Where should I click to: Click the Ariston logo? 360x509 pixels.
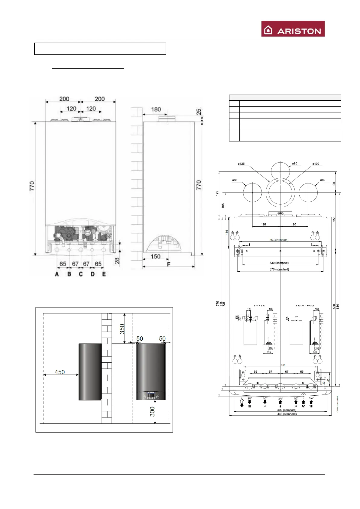point(293,29)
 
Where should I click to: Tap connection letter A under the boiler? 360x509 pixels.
point(57,274)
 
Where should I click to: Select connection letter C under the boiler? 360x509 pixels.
point(81,274)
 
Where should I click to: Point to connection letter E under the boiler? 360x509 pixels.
point(104,274)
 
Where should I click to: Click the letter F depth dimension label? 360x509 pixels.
point(169,264)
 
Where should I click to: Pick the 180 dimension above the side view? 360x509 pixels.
point(156,109)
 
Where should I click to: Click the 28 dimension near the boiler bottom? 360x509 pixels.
point(117,260)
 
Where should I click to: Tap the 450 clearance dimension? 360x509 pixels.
point(60,372)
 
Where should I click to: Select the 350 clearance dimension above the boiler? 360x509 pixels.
point(122,329)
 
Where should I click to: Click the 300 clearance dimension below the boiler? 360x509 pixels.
point(152,411)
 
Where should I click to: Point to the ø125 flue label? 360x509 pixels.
point(241,164)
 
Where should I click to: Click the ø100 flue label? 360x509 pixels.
point(316,164)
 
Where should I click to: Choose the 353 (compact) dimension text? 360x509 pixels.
point(279,240)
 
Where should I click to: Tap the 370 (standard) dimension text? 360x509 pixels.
point(279,269)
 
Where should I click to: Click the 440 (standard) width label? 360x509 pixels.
point(287,414)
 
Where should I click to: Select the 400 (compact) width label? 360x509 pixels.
point(287,410)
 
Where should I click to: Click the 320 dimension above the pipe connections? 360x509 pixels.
point(283,365)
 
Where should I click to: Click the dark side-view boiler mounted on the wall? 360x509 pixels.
point(90,372)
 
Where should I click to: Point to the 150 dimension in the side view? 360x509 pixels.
point(155,257)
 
